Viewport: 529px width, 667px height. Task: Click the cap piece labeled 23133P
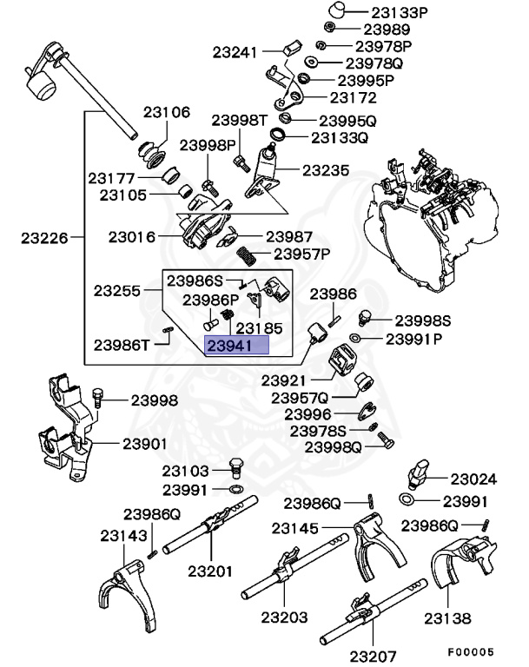339,11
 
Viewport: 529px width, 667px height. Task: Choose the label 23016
132,236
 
